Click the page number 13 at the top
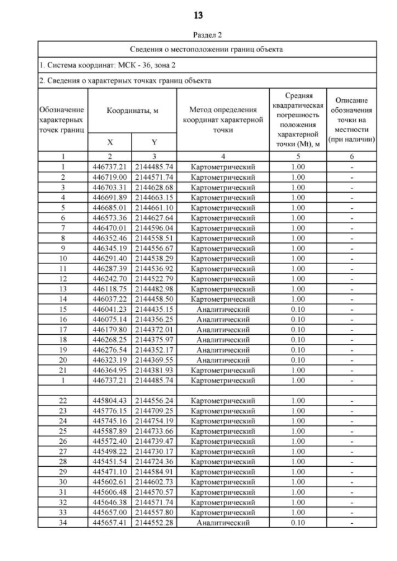tap(198, 14)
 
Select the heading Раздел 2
tap(198, 35)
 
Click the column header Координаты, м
tap(132, 110)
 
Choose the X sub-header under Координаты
tap(110, 142)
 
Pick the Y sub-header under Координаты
tap(154, 142)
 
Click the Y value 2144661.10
tap(154, 207)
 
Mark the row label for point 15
tap(63, 308)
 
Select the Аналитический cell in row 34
tap(223, 523)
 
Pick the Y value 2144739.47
tap(154, 441)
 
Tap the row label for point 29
tap(63, 472)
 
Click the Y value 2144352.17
tap(154, 349)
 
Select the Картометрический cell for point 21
tap(223, 369)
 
